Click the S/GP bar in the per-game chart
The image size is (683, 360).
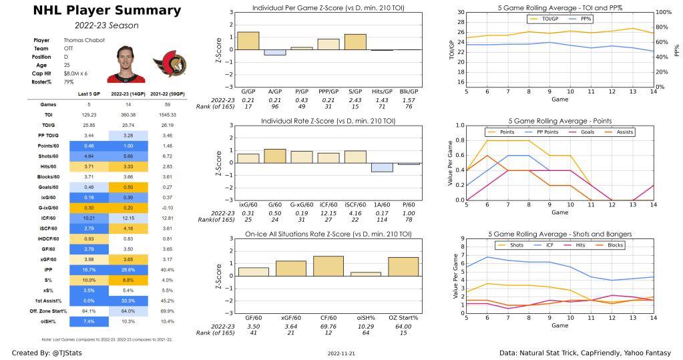[x=355, y=42]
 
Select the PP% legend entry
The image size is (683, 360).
[x=586, y=19]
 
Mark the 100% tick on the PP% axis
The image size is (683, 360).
[x=659, y=13]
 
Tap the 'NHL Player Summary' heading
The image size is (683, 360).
[x=97, y=11]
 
